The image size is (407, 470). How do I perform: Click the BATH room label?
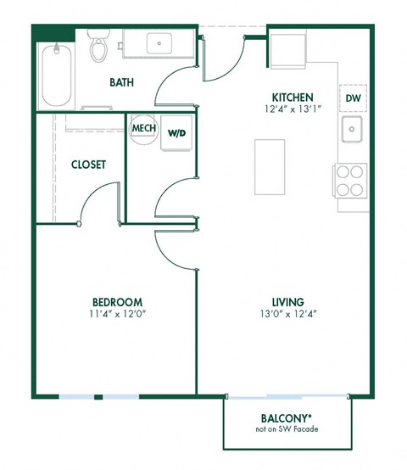coord(124,82)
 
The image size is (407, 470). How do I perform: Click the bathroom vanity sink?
coord(159,42)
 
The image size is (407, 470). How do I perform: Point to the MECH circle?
coord(142,129)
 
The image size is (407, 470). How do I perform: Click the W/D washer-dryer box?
coord(176,134)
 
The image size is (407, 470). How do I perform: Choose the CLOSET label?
coord(88,165)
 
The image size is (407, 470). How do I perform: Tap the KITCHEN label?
coord(293,97)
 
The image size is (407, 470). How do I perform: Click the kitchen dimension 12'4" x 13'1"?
coord(293,109)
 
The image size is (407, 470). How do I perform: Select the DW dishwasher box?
coord(353,99)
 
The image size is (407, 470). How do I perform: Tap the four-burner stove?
coord(351,179)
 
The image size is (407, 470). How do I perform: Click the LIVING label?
coord(287,301)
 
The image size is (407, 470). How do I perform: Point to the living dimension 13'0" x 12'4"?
coord(287,313)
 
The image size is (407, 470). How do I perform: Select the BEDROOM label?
coord(116,301)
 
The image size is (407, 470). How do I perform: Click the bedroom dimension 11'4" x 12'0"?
coord(116,313)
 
